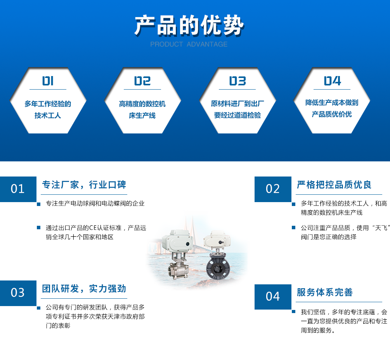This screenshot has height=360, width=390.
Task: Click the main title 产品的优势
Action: coord(189,25)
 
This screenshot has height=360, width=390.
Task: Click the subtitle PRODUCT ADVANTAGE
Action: coord(189,44)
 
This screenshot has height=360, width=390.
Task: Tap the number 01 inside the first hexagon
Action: coord(48,81)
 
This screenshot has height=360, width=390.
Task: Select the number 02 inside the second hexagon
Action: coord(142,81)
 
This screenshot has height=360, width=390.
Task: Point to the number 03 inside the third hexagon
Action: coord(237,81)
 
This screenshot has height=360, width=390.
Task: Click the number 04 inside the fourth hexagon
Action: coord(332,81)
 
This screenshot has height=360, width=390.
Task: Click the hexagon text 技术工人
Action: coord(48,115)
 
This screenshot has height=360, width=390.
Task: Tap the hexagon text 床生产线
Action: coord(142,115)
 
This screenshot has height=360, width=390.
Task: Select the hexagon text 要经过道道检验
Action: coord(237,115)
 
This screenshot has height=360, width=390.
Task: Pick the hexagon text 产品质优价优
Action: coord(332,114)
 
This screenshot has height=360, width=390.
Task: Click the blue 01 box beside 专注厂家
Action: coord(18,189)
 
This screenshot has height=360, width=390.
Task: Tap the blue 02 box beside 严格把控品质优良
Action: coord(273,189)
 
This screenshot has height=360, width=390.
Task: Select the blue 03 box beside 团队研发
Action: coord(18,293)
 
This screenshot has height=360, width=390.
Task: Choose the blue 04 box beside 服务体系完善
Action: coord(273,297)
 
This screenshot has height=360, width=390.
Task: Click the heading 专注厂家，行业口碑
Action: coord(84,185)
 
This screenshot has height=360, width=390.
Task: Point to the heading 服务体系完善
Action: coord(325,292)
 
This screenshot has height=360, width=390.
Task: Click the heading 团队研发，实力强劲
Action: coord(84,289)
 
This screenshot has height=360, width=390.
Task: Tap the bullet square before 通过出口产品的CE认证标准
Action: coord(38,227)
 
